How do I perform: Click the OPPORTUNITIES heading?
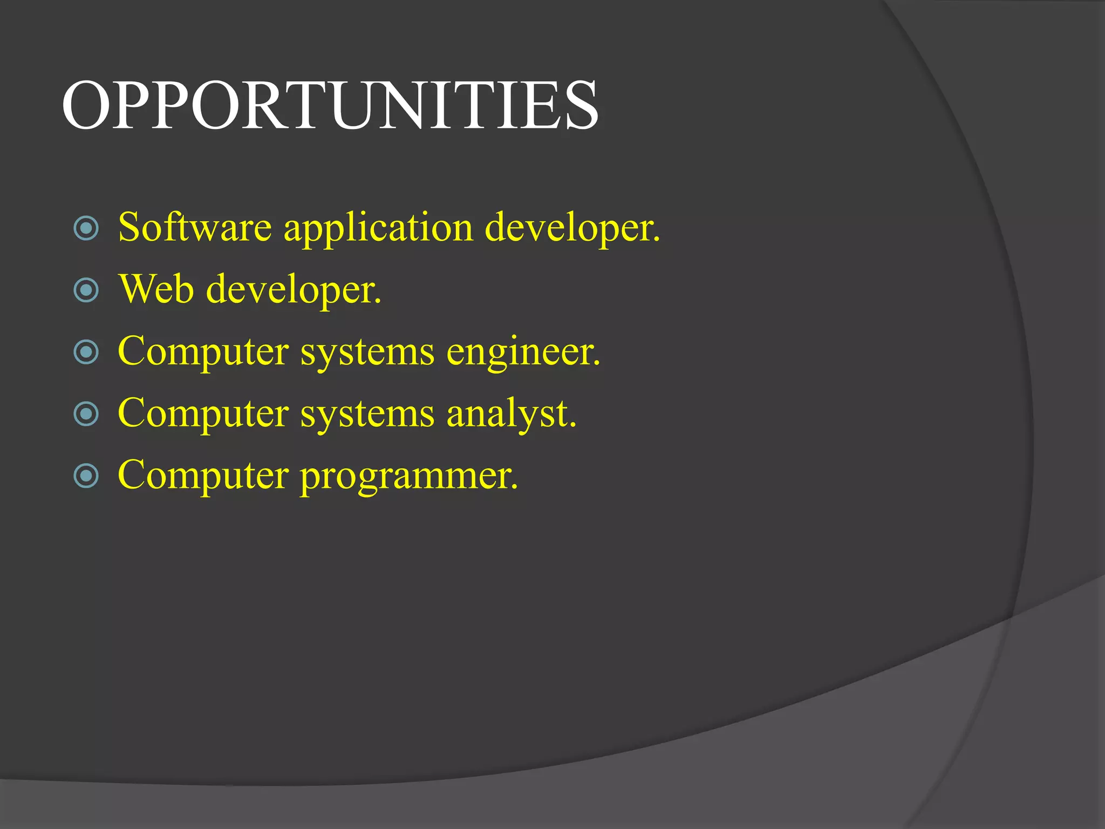pos(330,105)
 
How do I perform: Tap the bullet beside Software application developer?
pos(86,228)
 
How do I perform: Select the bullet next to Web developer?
pos(86,290)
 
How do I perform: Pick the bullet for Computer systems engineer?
pos(86,352)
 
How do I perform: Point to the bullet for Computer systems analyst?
pos(86,414)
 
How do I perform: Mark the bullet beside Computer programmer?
pos(86,476)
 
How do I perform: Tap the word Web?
pos(156,289)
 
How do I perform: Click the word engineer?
pos(522,352)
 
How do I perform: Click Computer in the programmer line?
pos(202,476)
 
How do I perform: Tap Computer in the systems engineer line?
pos(202,352)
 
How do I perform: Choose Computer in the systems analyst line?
pos(202,414)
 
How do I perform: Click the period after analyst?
pos(573,425)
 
